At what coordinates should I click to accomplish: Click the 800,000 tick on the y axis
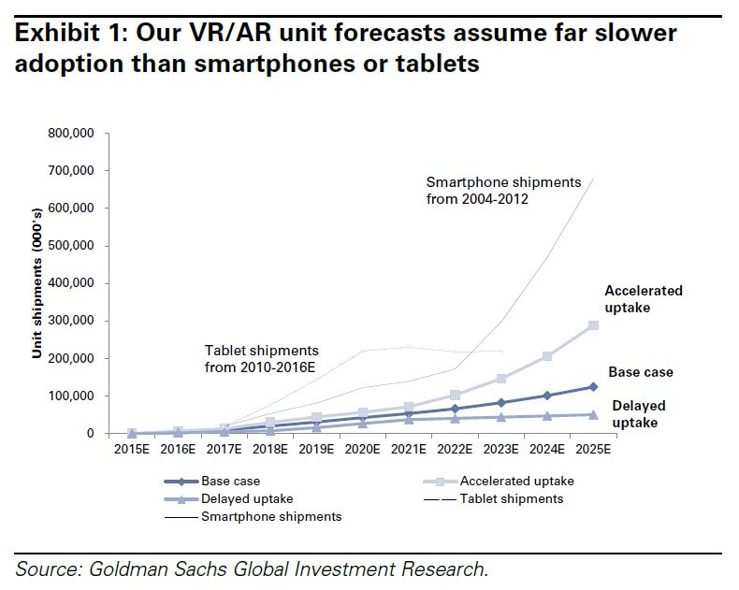72,134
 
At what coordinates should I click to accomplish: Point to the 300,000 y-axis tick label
72,321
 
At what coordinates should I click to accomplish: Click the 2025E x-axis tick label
592,450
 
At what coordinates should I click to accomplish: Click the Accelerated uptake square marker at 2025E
592,325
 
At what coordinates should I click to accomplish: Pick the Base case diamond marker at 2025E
592,386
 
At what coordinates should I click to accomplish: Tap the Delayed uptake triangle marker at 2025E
592,414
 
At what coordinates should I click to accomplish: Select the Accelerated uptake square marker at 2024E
546,356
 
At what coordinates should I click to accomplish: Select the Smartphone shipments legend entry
271,516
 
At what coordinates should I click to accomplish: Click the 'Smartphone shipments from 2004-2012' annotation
503,190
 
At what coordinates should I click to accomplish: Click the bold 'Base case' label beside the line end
641,372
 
